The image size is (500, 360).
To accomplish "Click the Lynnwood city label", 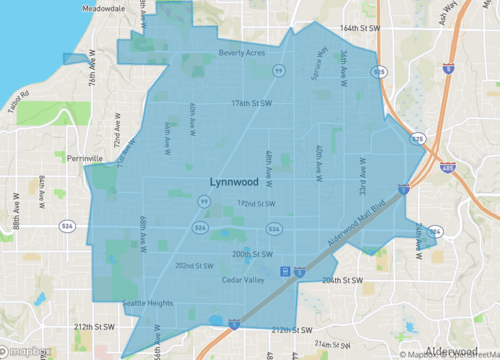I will [234, 181].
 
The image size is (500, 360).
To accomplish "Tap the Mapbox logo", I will [27, 351].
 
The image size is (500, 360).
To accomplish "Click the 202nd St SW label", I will [195, 266].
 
